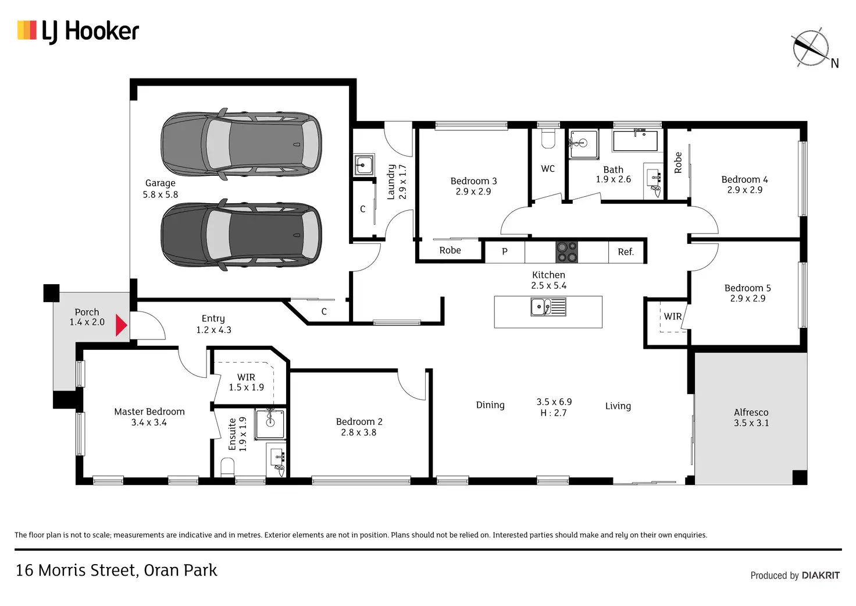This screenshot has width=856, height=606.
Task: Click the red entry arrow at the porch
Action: [121, 325]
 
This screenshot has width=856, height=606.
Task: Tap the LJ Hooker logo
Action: [78, 31]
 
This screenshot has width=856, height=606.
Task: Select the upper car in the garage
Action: [241, 144]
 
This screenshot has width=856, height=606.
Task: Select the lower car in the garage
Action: [241, 235]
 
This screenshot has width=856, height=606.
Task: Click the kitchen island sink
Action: [548, 307]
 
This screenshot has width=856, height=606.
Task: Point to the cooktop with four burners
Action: [567, 251]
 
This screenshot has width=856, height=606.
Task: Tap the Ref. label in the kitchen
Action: [626, 251]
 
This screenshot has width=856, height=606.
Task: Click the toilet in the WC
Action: [548, 139]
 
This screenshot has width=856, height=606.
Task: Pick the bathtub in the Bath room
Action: [635, 141]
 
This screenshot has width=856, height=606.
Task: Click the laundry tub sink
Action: [364, 165]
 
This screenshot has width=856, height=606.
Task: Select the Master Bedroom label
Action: [149, 412]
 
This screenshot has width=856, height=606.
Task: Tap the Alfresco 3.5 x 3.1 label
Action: [751, 417]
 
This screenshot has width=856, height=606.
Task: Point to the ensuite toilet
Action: [227, 467]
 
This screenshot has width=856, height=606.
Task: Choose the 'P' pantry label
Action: [504, 251]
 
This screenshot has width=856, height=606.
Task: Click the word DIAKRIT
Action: [821, 575]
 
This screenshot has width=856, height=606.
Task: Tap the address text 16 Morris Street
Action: [76, 570]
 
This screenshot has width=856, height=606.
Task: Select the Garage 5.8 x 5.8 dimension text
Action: [160, 194]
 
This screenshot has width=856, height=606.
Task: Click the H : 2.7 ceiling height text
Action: [554, 413]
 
